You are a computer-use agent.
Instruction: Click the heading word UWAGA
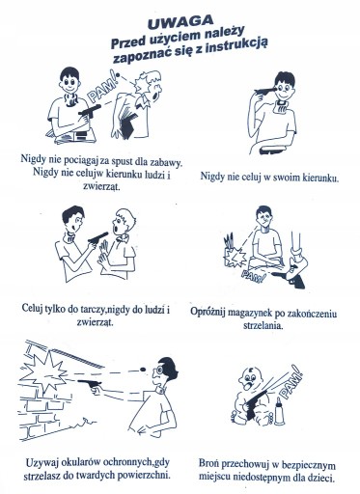tap(180, 21)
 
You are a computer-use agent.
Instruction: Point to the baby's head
tap(250, 378)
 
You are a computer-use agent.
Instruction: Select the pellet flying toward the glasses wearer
tap(143, 369)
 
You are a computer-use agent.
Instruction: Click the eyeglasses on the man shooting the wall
tap(158, 370)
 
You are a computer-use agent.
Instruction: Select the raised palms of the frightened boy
tap(103, 254)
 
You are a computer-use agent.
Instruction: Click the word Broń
tap(208, 463)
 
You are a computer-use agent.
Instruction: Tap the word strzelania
tap(263, 325)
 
